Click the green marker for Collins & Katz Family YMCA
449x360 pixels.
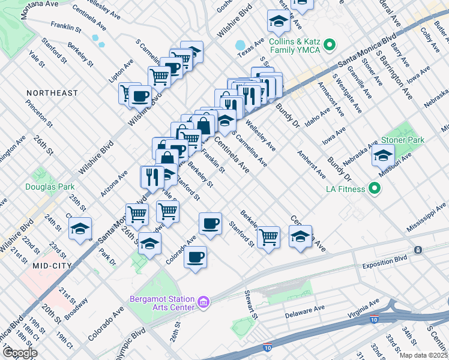pos(329,44)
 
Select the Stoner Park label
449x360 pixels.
pos(402,140)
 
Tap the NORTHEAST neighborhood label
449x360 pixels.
pos(52,93)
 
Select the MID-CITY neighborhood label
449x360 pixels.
pos(52,265)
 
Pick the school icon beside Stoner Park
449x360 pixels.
pos(383,155)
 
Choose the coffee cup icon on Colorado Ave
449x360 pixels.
pos(195,257)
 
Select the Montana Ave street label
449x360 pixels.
pos(40,7)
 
